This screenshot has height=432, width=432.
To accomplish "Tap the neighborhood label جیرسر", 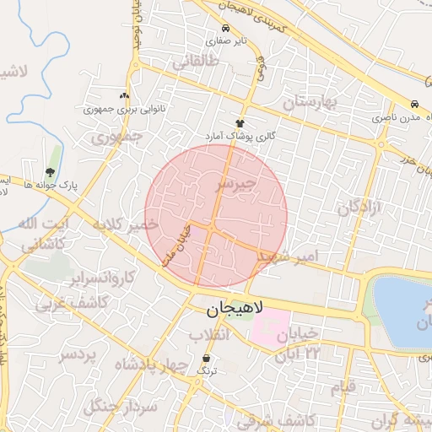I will click(x=247, y=183).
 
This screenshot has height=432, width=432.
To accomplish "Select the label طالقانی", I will click(x=196, y=62).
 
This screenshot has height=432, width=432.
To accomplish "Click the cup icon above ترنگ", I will click(x=207, y=359).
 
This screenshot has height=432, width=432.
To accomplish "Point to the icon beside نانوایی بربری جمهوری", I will click(x=126, y=96).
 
